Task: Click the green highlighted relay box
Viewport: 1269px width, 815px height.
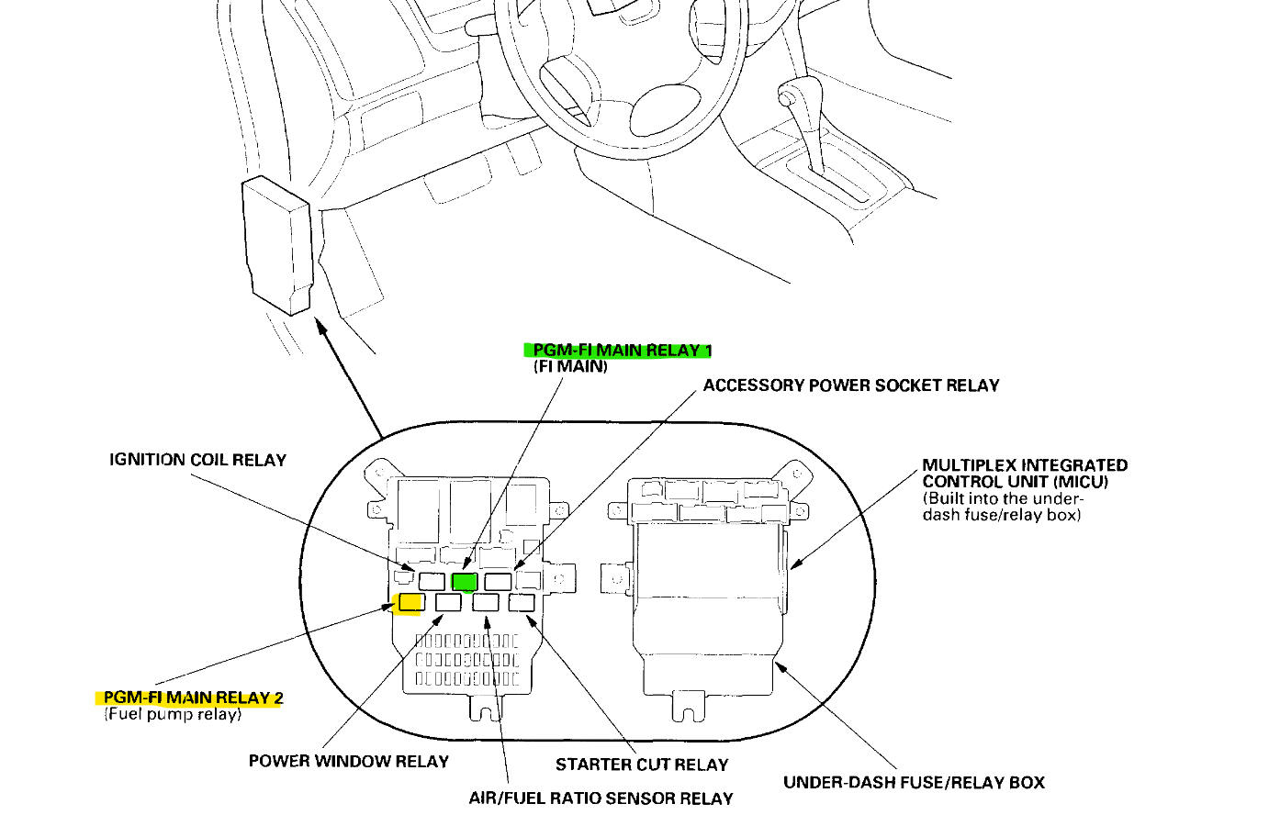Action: (465, 582)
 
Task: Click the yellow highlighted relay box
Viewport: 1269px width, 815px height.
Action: (409, 603)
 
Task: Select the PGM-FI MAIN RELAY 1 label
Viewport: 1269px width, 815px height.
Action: (622, 350)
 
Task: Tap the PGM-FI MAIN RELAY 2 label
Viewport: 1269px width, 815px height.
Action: (193, 698)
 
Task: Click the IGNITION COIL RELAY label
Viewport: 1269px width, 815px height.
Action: (197, 460)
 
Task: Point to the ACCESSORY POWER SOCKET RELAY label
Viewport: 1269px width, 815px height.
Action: (850, 385)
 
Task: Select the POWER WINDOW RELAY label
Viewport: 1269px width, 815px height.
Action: (348, 762)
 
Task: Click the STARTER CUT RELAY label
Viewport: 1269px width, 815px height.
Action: (641, 765)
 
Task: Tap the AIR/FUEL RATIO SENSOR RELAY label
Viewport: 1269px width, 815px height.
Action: (601, 798)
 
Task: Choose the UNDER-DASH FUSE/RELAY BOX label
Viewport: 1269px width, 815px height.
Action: (914, 783)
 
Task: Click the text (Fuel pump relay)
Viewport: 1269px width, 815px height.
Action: (173, 714)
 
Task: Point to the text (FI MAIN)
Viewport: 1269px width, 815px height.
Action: (570, 366)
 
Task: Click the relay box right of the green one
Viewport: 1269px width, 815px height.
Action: (498, 581)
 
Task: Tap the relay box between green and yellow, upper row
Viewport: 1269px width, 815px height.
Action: (432, 581)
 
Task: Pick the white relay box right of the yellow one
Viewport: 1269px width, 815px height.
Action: (448, 602)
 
